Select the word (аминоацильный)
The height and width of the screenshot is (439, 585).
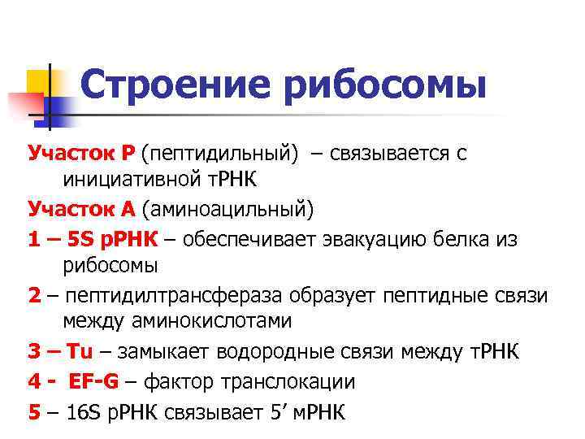(227, 210)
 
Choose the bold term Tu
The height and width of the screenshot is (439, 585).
(80, 350)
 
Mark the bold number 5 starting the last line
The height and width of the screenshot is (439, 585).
(34, 411)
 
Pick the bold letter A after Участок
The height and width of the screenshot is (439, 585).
(127, 210)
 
